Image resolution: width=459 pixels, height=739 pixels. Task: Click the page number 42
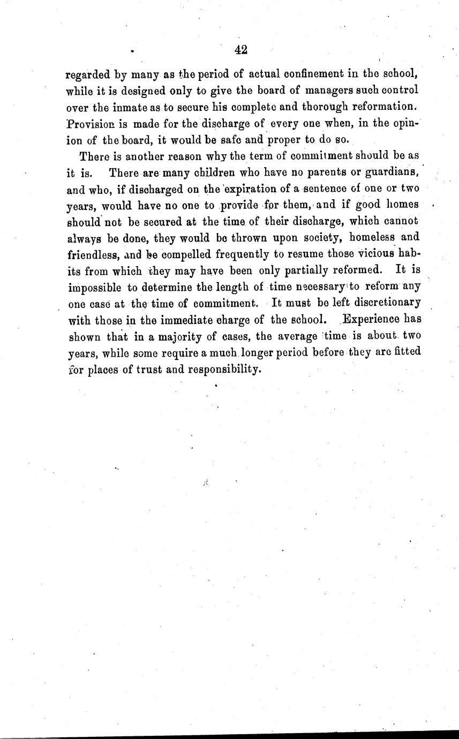240,50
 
